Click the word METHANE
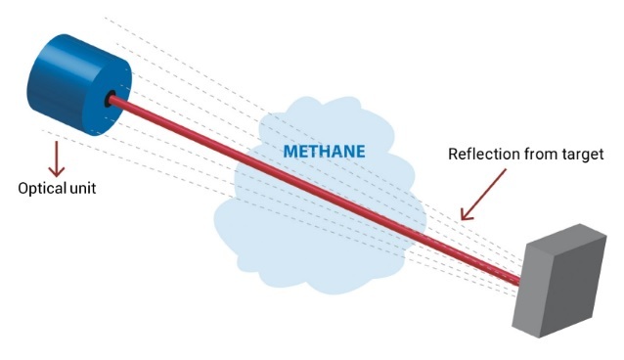point(324,152)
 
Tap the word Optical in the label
point(42,189)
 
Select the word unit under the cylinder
point(83,188)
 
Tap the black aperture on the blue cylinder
point(109,99)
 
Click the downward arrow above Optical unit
point(57,158)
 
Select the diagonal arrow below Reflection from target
point(483,195)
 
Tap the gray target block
point(558,281)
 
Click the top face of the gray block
point(566,238)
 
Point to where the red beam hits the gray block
point(519,282)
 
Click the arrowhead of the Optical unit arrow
point(57,171)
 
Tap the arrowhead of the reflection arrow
point(466,215)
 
